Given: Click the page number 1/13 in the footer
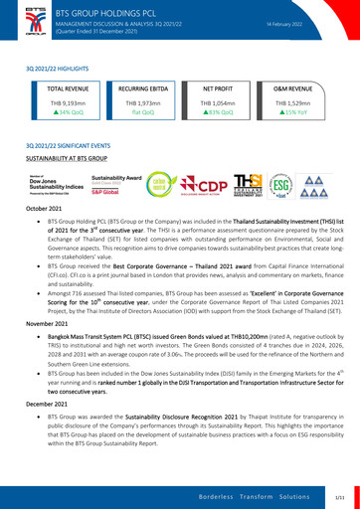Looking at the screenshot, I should coord(340,494).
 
